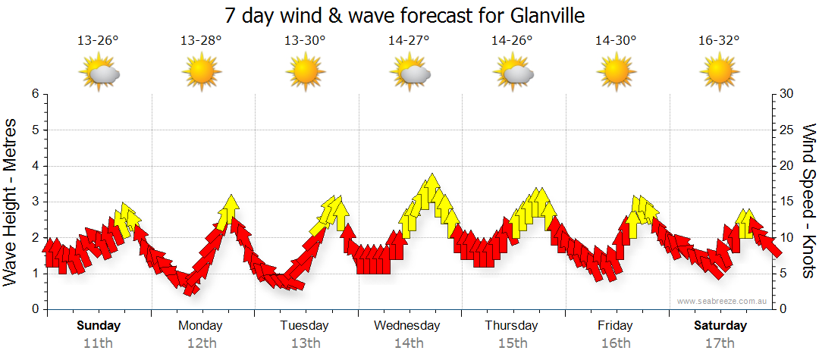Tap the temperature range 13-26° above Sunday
98,41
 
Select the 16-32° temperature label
719,41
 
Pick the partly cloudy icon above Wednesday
409,74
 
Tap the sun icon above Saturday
719,74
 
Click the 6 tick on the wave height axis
34,94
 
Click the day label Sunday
99,326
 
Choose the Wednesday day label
406,326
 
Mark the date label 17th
720,343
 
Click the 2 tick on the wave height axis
34,238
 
